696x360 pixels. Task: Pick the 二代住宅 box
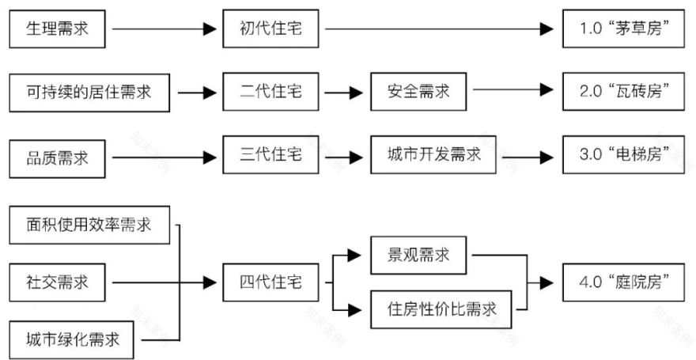(x=270, y=93)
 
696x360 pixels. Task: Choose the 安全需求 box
(x=418, y=93)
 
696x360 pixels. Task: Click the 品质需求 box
(x=57, y=157)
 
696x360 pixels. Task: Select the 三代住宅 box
(x=270, y=156)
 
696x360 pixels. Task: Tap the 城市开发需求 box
(x=436, y=156)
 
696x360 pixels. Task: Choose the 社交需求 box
(x=57, y=282)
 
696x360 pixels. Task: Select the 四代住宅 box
(x=270, y=282)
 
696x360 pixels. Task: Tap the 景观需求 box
(x=418, y=256)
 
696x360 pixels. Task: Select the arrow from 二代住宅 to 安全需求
(x=343, y=93)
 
